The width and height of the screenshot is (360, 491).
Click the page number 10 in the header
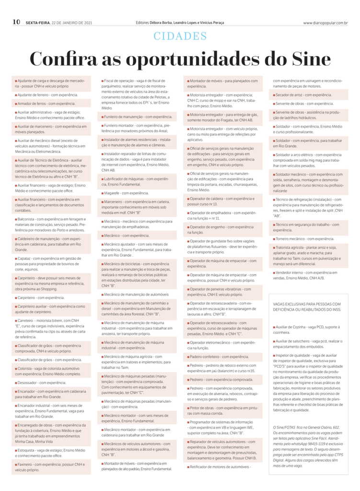click(16, 22)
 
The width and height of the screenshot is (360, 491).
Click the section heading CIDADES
click(180, 36)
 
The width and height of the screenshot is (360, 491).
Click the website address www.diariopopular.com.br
click(325, 23)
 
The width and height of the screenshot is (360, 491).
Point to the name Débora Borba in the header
click(163, 23)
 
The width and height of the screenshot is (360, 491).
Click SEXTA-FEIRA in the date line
click(38, 23)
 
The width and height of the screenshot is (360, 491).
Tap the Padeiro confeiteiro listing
click(219, 357)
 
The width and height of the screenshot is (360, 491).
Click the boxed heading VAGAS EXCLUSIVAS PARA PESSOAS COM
click(307, 303)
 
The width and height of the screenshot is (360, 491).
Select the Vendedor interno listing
click(307, 275)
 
